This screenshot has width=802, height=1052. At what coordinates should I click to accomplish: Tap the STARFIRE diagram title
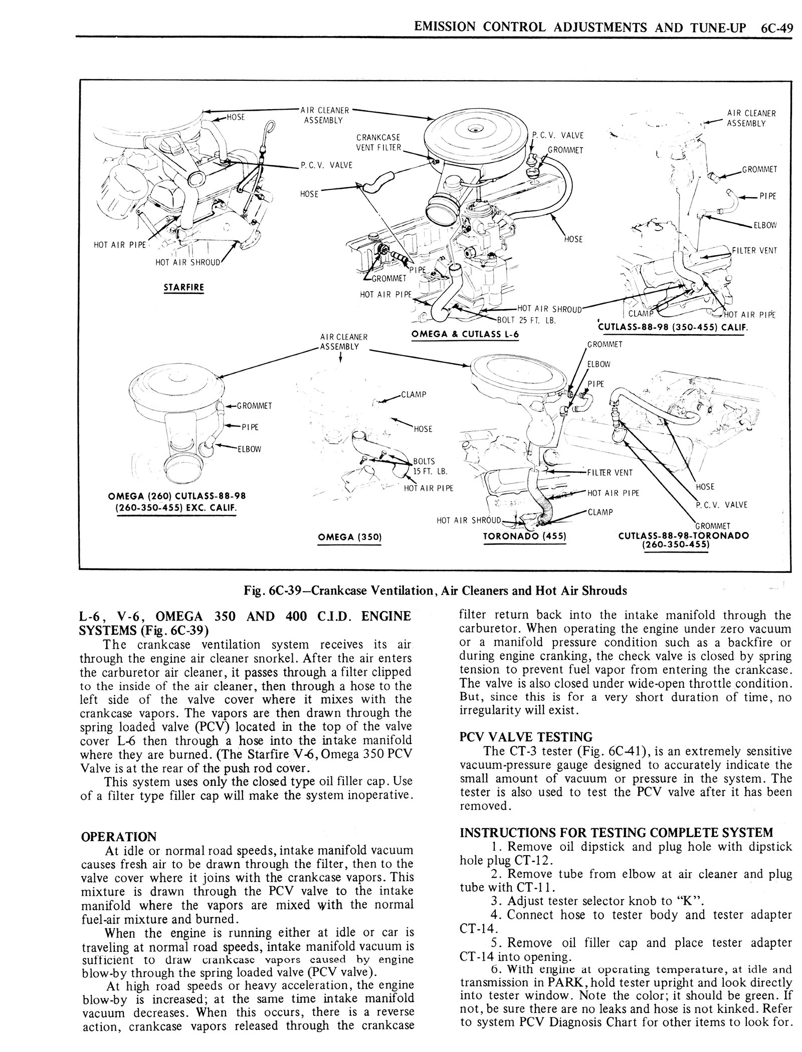(183, 288)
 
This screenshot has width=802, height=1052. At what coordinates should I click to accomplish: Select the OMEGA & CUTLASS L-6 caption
(464, 335)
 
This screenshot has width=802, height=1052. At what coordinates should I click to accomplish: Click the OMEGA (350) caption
(350, 537)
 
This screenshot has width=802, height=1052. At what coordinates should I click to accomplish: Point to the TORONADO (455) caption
(524, 536)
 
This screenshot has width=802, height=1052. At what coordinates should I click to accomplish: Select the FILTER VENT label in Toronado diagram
(610, 472)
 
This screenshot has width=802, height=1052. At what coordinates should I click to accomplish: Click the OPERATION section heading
(119, 837)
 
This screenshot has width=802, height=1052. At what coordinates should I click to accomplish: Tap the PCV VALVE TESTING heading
(526, 737)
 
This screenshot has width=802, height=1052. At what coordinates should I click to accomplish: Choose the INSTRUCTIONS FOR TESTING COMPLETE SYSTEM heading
(616, 833)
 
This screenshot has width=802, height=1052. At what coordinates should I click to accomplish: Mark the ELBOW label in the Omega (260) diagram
(249, 449)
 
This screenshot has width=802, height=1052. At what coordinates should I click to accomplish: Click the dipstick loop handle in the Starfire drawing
(271, 126)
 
